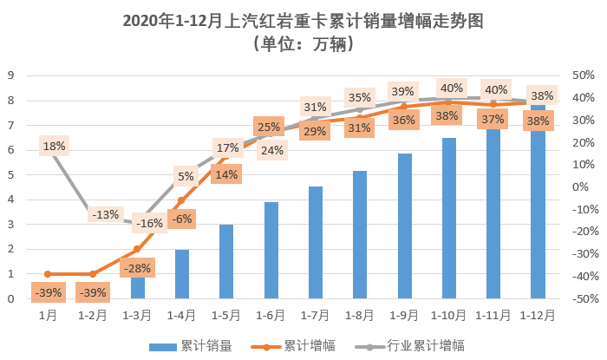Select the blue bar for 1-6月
pos(271,251)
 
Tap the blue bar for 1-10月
pos(448,219)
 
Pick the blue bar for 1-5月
pos(226,262)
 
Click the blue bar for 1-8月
pos(360,235)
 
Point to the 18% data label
pos(54,146)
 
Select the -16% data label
pos(151,223)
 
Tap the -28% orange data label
pos(137,268)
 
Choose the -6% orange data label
pos(182,219)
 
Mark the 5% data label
pos(186,177)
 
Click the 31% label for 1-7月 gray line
pos(315,108)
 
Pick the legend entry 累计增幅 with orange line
pos(303,346)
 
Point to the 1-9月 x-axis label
pos(404,316)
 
